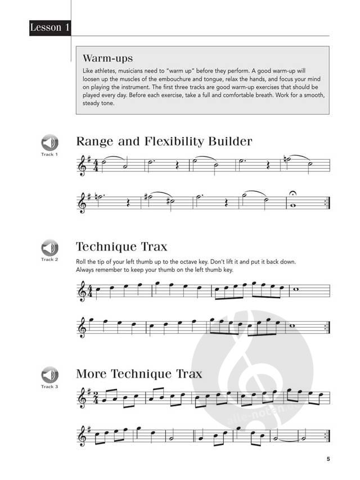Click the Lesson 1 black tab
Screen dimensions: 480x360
point(50,27)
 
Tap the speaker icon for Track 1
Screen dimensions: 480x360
point(49,143)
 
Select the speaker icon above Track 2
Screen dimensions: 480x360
point(49,248)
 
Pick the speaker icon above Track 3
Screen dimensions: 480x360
point(49,375)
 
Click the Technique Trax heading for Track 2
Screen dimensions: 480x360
point(121,246)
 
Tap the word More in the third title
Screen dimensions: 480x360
point(92,374)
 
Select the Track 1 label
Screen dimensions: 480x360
point(49,154)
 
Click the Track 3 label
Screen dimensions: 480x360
point(49,387)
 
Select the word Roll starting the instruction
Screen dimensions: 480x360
point(81,262)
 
